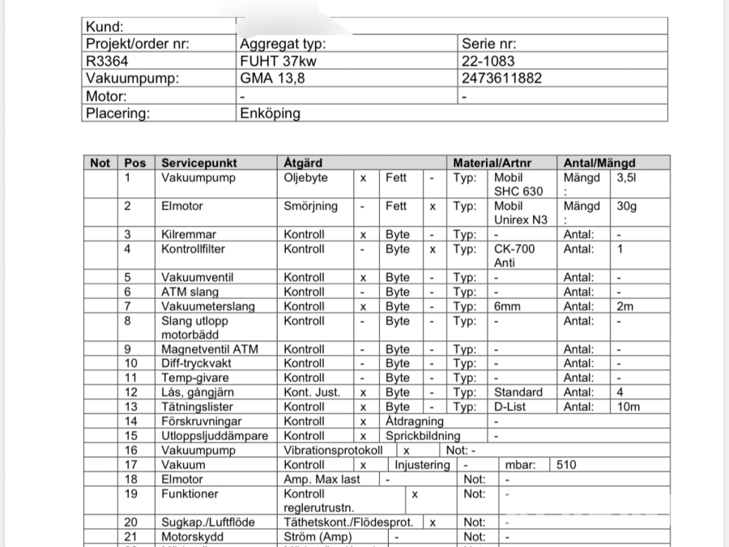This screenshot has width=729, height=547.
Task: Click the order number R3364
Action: click(x=107, y=61)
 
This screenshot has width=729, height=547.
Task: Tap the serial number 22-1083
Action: click(x=488, y=61)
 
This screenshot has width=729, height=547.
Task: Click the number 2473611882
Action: click(x=501, y=79)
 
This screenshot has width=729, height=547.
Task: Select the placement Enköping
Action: click(x=270, y=113)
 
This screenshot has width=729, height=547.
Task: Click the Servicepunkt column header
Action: click(x=199, y=163)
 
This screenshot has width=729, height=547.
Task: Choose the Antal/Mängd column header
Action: click(x=599, y=163)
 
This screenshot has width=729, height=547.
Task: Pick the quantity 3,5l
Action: click(x=626, y=177)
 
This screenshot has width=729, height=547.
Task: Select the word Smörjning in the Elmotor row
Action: click(x=310, y=206)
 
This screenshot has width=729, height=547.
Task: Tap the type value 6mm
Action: click(x=508, y=306)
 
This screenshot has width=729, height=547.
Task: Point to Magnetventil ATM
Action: click(x=210, y=349)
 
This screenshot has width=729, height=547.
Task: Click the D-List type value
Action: click(x=512, y=407)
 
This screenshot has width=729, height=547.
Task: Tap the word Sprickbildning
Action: click(x=423, y=436)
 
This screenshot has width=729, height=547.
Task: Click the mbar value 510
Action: click(x=567, y=465)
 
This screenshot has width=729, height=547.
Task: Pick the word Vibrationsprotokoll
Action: click(x=333, y=451)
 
